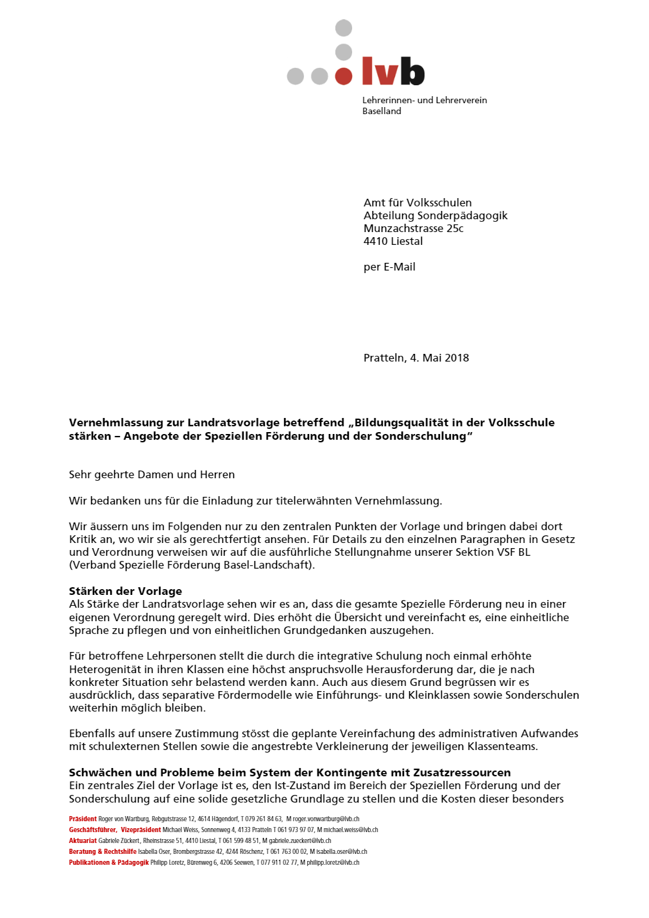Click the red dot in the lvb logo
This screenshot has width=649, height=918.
[344, 76]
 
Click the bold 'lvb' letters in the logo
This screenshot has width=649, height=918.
[393, 71]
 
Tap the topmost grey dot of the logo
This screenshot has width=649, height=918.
[344, 28]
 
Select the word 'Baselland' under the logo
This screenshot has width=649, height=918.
[382, 111]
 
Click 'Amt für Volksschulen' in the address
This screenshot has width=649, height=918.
[417, 203]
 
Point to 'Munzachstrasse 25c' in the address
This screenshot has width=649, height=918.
[413, 228]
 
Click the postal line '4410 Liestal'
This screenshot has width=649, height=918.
[393, 241]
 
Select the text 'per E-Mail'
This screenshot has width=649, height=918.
[389, 267]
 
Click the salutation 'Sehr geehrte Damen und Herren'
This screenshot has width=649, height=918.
[152, 474]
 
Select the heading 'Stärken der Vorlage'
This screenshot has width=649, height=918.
[126, 591]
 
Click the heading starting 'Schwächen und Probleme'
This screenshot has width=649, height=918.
[290, 772]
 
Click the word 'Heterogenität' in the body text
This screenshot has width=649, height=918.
[103, 669]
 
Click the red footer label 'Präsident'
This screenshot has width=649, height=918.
[83, 819]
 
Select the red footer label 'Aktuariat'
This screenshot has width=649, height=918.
[83, 840]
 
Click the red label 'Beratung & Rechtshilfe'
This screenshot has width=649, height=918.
[103, 851]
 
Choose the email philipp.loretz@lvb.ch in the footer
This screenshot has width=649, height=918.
[333, 862]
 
